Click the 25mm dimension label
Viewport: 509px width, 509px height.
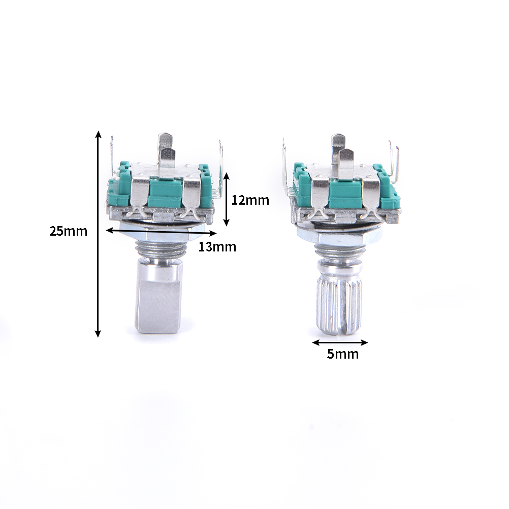tap(68, 232)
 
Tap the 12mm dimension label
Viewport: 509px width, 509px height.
tap(250, 200)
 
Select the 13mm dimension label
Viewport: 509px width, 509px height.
tap(217, 247)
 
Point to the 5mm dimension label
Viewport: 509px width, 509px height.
tap(343, 354)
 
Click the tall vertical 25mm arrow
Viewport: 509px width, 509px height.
tap(98, 234)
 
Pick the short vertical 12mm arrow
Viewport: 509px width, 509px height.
tap(227, 199)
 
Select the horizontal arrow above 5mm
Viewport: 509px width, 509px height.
tap(340, 342)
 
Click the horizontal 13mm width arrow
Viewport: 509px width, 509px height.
tap(162, 232)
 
